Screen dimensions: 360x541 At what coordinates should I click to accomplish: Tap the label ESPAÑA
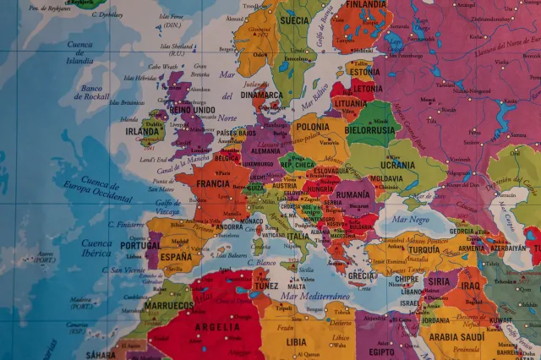(176, 256)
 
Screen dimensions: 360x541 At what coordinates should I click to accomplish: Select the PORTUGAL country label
(139, 245)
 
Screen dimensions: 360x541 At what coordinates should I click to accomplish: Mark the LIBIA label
(297, 342)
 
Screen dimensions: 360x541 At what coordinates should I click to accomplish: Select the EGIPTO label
(382, 351)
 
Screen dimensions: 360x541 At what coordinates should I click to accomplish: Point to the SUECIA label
(294, 19)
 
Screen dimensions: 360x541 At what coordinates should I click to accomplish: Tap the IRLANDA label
(142, 131)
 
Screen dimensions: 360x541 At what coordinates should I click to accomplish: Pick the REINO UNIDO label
(192, 110)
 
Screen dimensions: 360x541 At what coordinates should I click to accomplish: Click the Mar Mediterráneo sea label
(315, 297)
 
